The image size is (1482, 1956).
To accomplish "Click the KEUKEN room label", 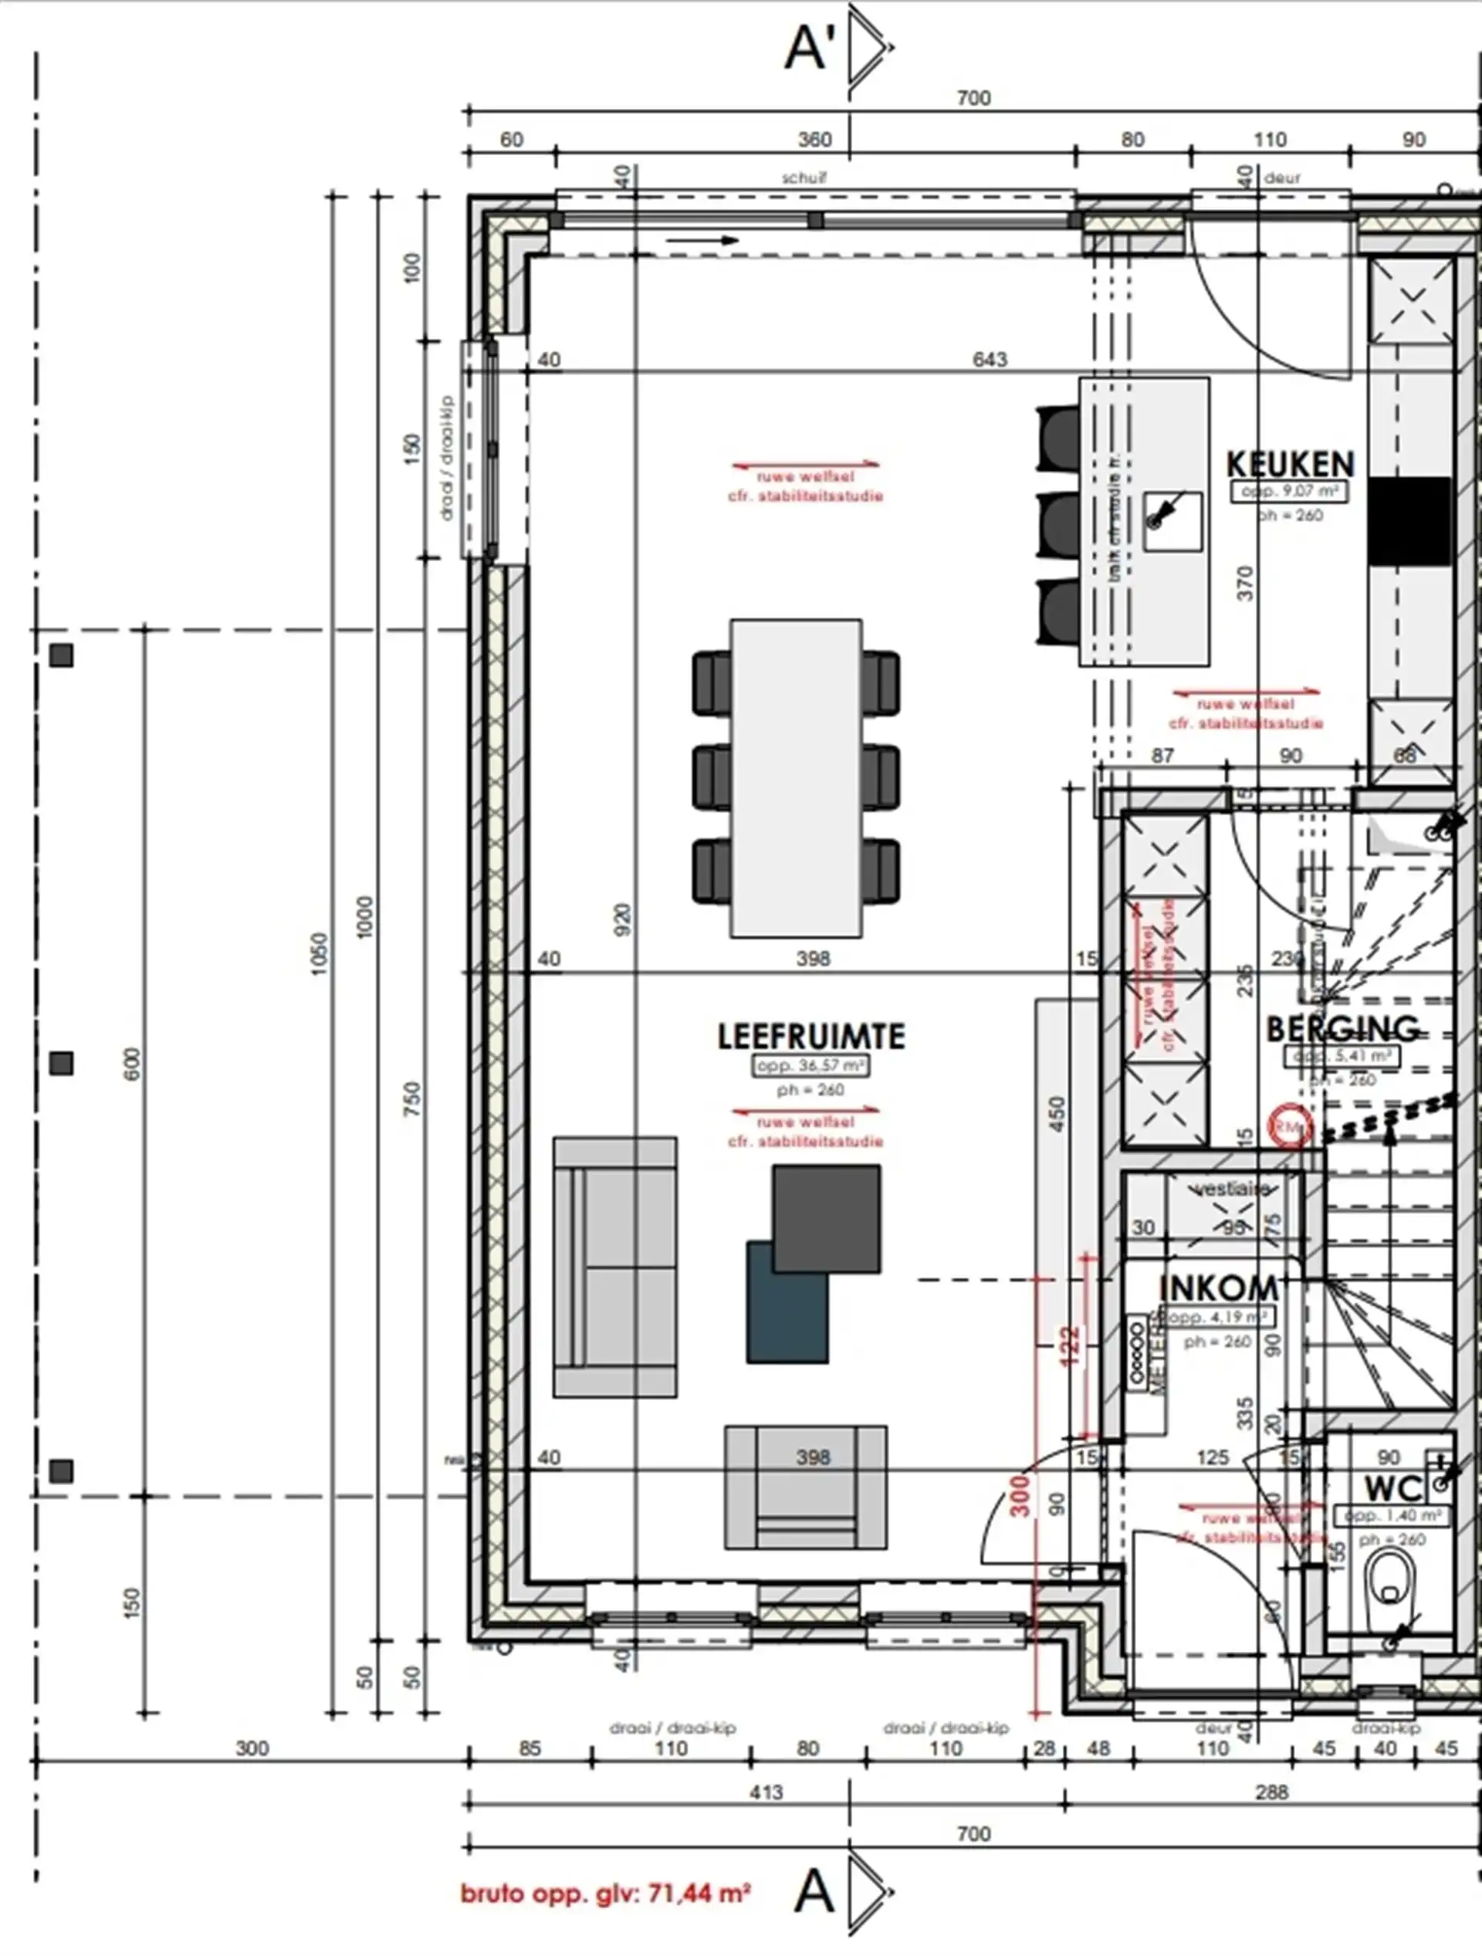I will [x=1289, y=464].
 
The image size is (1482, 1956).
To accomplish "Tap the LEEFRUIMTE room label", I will [x=811, y=1037].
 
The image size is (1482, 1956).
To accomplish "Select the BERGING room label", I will [x=1342, y=1029].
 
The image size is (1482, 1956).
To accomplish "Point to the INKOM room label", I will [x=1217, y=1288].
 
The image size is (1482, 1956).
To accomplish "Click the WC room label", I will [x=1393, y=1488].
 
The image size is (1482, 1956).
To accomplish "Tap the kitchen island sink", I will [x=1172, y=522].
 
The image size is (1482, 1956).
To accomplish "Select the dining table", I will [x=796, y=778].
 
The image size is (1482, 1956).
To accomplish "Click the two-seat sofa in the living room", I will [x=615, y=1267].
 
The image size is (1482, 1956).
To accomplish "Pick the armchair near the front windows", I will [x=806, y=1488].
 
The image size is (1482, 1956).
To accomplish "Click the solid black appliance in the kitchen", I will [x=1409, y=522].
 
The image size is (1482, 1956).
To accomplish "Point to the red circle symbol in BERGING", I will [x=1289, y=1126].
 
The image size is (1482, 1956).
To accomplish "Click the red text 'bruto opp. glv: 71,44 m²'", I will [x=606, y=1893].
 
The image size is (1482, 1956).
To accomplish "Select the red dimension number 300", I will [x=1020, y=1495].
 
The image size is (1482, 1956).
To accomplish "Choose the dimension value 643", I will [x=990, y=359].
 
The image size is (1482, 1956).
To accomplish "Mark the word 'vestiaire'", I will [x=1231, y=1190].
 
